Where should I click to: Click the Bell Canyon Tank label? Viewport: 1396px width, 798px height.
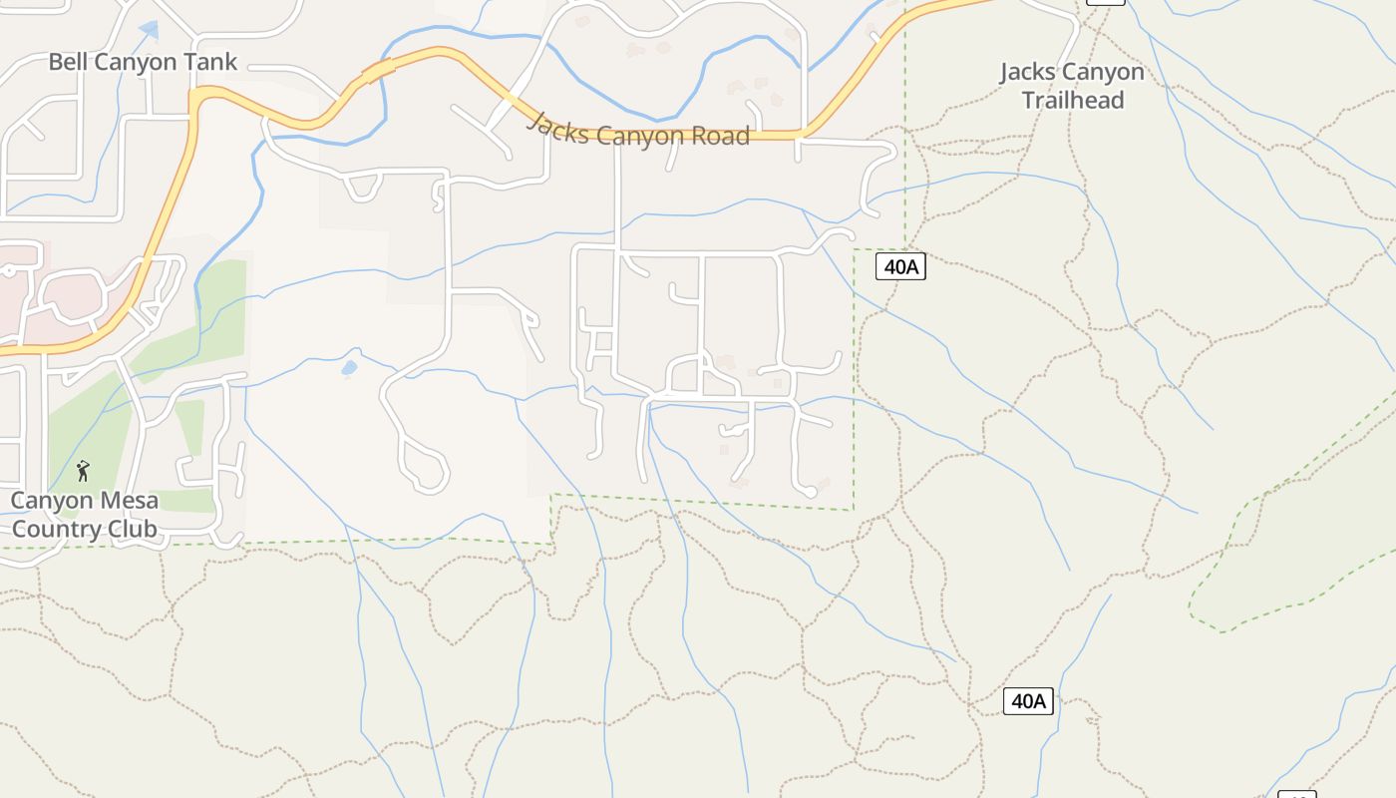click(x=143, y=62)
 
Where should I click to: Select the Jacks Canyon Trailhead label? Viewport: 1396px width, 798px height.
click(x=1072, y=86)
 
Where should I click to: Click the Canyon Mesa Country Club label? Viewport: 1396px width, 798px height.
click(x=84, y=515)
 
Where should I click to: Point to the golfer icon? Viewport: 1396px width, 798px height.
click(x=83, y=470)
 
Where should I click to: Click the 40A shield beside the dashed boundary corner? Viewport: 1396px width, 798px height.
click(x=900, y=266)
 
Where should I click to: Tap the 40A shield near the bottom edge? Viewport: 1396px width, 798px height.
click(x=1028, y=701)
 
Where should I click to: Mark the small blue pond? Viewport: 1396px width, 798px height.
click(x=349, y=368)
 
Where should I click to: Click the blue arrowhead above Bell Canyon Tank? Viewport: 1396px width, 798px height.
click(x=149, y=30)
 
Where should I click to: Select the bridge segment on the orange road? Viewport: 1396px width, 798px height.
click(x=378, y=71)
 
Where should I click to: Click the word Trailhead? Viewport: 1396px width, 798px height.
click(x=1072, y=101)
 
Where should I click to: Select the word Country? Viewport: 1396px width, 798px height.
click(x=54, y=529)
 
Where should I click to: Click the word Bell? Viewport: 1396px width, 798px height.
click(x=69, y=62)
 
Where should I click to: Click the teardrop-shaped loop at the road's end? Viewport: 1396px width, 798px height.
click(x=425, y=468)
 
